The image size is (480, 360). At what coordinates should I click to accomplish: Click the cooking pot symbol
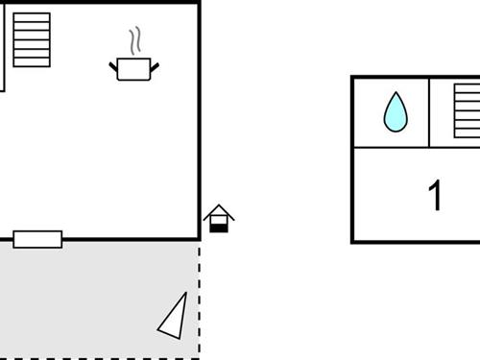(x=134, y=69)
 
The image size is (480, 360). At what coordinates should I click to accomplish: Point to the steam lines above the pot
(x=136, y=40)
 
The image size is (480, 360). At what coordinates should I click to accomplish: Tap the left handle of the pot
(x=113, y=65)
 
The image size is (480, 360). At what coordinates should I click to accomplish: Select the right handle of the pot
(x=155, y=65)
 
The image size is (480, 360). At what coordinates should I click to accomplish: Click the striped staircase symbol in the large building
(x=32, y=40)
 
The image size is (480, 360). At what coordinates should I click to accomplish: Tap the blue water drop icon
(x=396, y=112)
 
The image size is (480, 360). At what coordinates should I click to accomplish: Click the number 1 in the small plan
(x=436, y=196)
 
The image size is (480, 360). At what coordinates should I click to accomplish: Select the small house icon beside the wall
(x=219, y=219)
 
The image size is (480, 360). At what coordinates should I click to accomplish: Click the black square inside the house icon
(x=219, y=226)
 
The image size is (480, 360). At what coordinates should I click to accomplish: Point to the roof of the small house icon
(x=219, y=210)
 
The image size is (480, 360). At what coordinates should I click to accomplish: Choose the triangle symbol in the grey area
(x=174, y=318)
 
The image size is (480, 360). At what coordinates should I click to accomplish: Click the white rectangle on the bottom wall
(x=37, y=239)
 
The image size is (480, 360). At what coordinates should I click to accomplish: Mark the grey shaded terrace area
(x=96, y=298)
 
